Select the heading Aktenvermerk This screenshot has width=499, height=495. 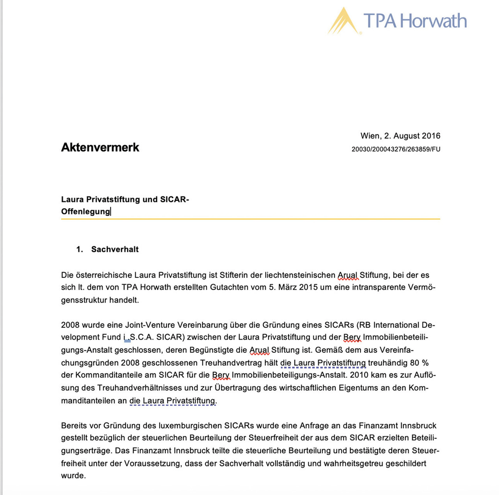[100, 147]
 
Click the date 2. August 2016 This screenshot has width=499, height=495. [412, 136]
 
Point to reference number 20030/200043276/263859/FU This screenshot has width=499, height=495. [396, 149]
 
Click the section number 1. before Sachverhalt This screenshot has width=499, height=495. [80, 249]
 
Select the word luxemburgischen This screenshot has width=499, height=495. [190, 426]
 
